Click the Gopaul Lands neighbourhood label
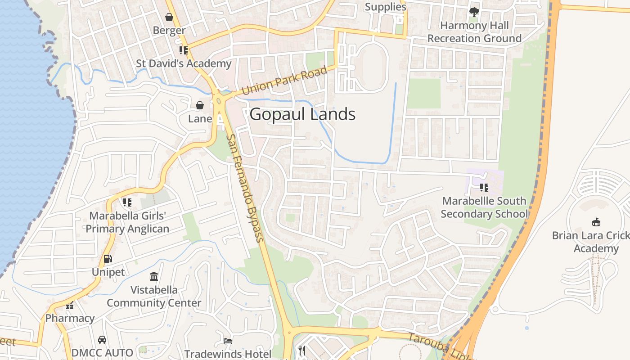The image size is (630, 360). pyautogui.click(x=302, y=114)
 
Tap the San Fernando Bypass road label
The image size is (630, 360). pyautogui.click(x=245, y=188)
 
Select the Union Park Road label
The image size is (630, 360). pyautogui.click(x=284, y=81)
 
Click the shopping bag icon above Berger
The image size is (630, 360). pyautogui.click(x=169, y=17)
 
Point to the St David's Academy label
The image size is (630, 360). pyautogui.click(x=184, y=63)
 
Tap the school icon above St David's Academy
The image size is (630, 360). pyautogui.click(x=183, y=50)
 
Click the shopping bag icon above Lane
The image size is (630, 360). pyautogui.click(x=200, y=105)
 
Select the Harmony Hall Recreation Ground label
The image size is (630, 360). pyautogui.click(x=474, y=32)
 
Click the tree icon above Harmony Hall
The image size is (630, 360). pyautogui.click(x=474, y=12)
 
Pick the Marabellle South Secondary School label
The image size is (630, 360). pyautogui.click(x=484, y=207)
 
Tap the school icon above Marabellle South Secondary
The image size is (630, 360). pyautogui.click(x=484, y=187)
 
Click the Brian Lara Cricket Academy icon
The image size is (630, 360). pyautogui.click(x=596, y=221)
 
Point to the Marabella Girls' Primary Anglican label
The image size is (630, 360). pyautogui.click(x=127, y=222)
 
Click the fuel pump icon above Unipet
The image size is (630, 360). pyautogui.click(x=108, y=259)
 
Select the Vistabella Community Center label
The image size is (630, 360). pyautogui.click(x=154, y=296)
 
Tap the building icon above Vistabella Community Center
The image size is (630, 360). pyautogui.click(x=154, y=276)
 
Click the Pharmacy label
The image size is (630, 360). pyautogui.click(x=70, y=318)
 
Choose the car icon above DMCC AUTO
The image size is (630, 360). pyautogui.click(x=102, y=339)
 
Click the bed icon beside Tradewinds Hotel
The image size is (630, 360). pyautogui.click(x=228, y=341)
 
